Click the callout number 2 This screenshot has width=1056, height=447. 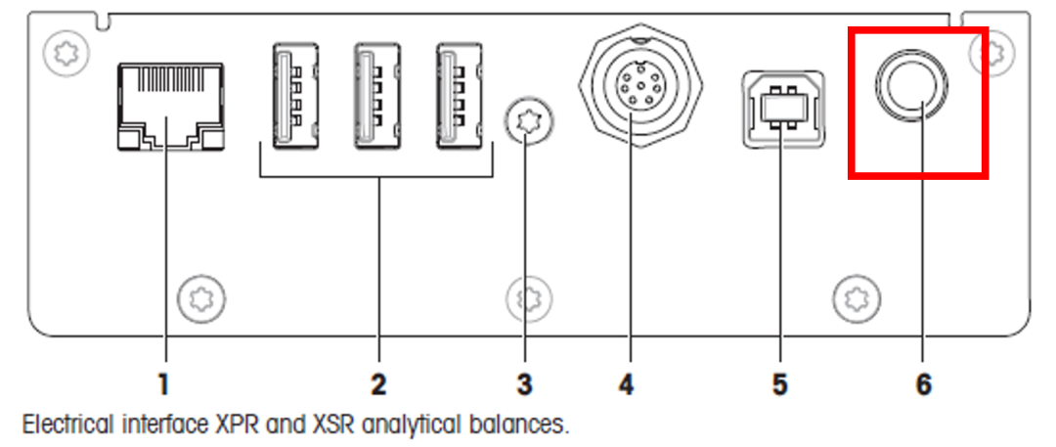pyautogui.click(x=377, y=384)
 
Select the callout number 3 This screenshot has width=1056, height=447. pyautogui.click(x=525, y=384)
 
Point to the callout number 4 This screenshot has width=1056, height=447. pyautogui.click(x=626, y=384)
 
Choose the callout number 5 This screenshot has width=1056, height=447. pyautogui.click(x=779, y=384)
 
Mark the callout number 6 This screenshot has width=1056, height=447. pyautogui.click(x=924, y=384)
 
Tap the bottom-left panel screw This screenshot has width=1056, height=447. pyautogui.click(x=202, y=293)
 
